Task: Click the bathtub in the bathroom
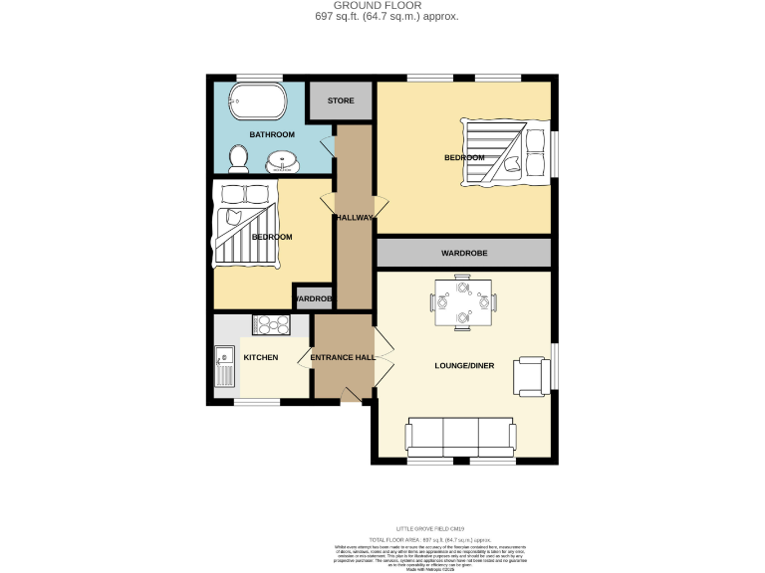257,101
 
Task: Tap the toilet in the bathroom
238,157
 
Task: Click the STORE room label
341,100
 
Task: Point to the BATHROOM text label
272,134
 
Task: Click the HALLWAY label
355,218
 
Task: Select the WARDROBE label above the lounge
463,254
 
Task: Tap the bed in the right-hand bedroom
505,151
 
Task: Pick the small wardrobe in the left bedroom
312,298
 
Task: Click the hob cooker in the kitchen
271,324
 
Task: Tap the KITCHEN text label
260,357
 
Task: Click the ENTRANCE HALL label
343,357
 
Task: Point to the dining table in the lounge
462,302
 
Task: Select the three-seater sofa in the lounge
460,436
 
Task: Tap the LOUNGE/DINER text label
464,366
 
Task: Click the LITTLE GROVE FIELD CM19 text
430,528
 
